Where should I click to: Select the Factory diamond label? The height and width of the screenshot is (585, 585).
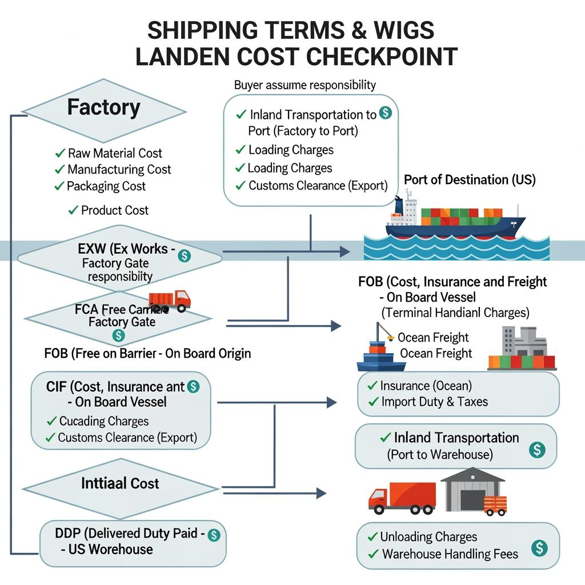click(103, 107)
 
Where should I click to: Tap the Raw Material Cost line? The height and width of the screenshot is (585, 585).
click(114, 153)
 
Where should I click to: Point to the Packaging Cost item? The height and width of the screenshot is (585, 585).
click(106, 186)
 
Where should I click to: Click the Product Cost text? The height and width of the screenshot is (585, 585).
click(114, 210)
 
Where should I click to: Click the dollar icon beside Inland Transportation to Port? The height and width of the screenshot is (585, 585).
click(386, 113)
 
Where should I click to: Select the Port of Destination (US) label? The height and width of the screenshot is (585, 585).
click(470, 180)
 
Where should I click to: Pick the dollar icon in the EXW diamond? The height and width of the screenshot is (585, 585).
click(184, 255)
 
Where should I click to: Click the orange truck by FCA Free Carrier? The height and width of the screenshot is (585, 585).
click(170, 300)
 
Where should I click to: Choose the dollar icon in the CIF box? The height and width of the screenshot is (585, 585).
click(193, 387)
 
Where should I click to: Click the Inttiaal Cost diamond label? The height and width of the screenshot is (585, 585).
click(120, 483)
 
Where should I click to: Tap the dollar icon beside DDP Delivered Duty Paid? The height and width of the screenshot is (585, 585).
click(213, 535)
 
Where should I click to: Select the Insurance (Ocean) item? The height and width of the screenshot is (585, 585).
click(426, 386)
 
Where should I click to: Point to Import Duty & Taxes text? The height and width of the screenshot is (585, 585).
click(434, 402)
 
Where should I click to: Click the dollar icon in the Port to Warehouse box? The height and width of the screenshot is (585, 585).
click(536, 450)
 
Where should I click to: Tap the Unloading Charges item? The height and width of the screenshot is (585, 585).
click(428, 537)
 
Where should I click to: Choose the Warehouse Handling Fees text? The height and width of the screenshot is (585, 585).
click(450, 554)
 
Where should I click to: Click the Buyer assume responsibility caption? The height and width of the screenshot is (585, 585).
click(305, 85)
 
